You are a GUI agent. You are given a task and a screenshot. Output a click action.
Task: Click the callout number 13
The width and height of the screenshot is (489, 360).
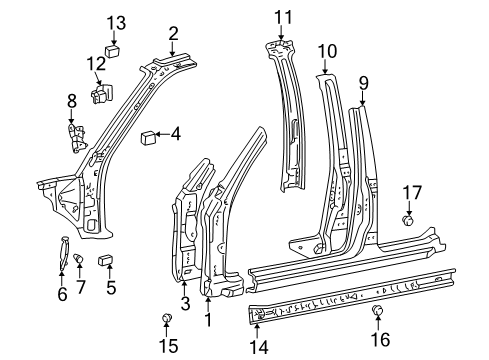pyautogui.click(x=116, y=23)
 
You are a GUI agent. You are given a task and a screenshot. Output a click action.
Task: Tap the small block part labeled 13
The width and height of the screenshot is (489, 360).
pyautogui.click(x=113, y=52)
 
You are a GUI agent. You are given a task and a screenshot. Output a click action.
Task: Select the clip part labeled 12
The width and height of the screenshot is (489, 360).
pyautogui.click(x=101, y=93)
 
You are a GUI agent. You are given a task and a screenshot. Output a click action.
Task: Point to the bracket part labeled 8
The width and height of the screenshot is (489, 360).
pyautogui.click(x=77, y=138)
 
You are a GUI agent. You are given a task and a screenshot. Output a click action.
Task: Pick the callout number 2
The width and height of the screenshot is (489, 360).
pyautogui.click(x=173, y=34)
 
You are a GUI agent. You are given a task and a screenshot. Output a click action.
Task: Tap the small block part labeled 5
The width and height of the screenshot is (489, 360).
pyautogui.click(x=105, y=260)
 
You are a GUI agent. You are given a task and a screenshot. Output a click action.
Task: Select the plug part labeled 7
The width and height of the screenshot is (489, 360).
pyautogui.click(x=78, y=259)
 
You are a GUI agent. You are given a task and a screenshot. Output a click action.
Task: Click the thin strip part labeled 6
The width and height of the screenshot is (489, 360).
pyautogui.click(x=64, y=253)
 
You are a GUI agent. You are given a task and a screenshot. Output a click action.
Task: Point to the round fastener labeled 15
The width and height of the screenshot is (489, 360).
pyautogui.click(x=166, y=318)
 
